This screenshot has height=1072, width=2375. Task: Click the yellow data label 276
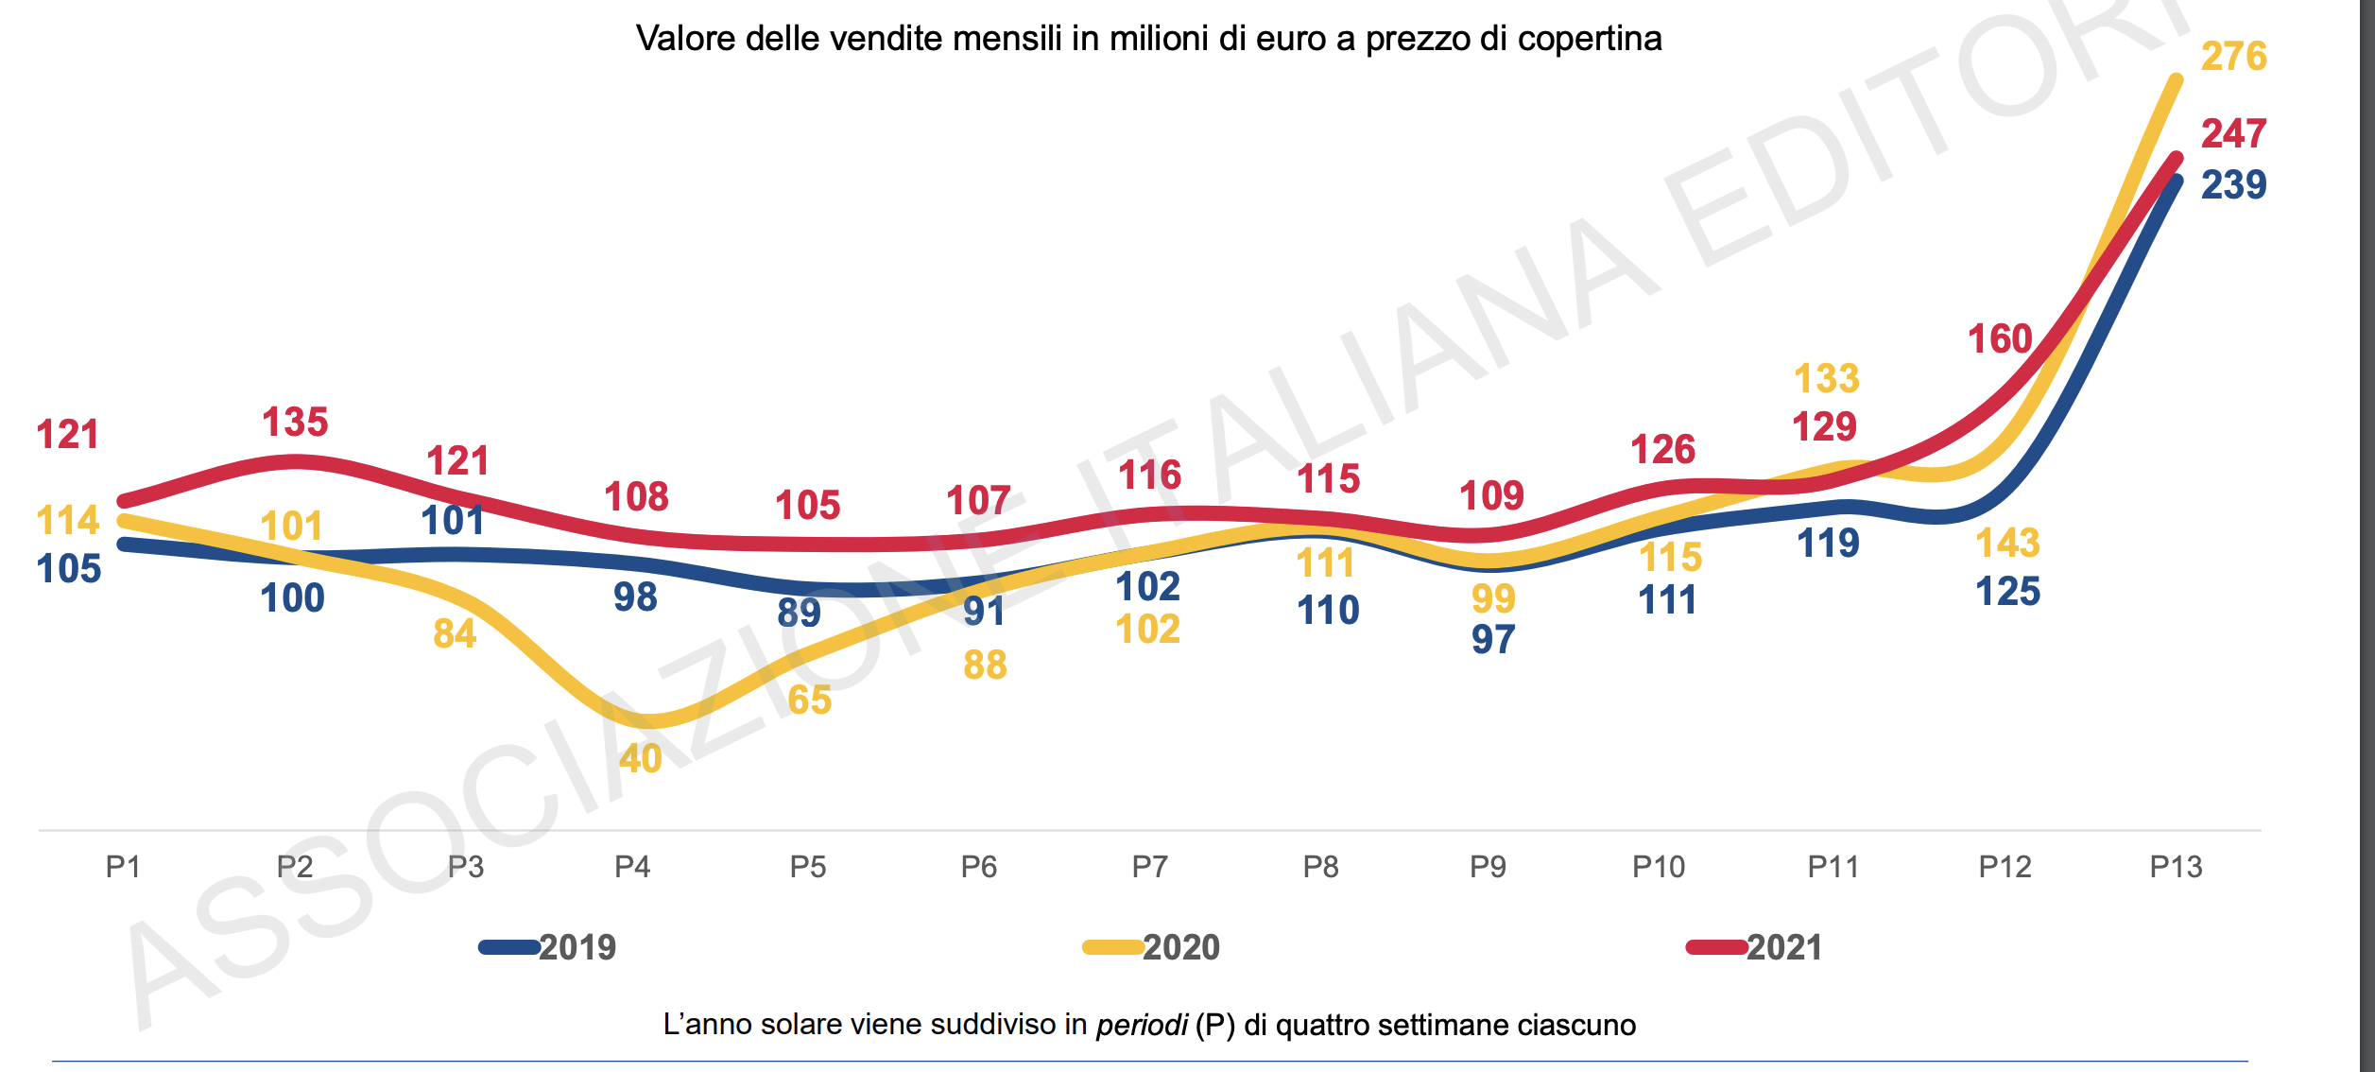2233,57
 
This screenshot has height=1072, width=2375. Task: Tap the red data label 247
2233,133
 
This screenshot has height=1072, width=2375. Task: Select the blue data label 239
2233,184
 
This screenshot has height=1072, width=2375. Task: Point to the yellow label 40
640,759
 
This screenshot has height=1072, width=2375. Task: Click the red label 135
295,423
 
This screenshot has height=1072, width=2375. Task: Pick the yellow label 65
809,700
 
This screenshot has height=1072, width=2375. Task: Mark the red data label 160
1999,339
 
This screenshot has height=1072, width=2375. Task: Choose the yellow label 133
1826,379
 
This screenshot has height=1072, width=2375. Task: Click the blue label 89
799,614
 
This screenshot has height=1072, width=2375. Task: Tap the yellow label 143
2007,544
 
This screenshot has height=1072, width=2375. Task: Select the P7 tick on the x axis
1149,867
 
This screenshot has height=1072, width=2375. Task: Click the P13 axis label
2175,867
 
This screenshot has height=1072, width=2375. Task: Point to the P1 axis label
123,867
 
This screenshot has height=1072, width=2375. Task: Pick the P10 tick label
1658,867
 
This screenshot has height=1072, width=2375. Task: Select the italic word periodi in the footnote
1141,1026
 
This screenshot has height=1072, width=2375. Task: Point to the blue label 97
1492,640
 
